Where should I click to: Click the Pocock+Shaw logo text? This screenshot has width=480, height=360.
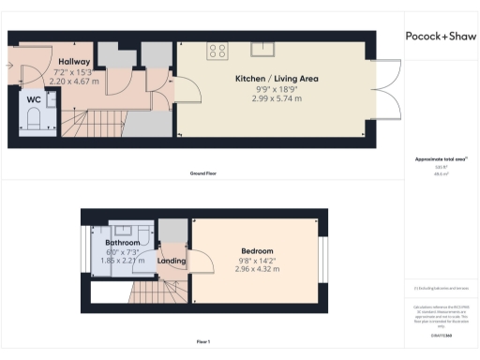[440, 37]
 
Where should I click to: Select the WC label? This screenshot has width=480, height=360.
[33, 98]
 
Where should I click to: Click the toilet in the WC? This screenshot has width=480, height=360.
[34, 120]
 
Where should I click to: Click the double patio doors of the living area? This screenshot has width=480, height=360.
[389, 97]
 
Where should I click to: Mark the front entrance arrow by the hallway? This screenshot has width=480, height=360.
[8, 66]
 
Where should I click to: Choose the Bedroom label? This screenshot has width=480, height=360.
[256, 251]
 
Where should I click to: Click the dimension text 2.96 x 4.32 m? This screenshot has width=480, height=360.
[256, 269]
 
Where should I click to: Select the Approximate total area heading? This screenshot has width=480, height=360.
[439, 159]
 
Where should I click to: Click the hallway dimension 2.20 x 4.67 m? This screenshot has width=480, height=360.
[75, 82]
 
